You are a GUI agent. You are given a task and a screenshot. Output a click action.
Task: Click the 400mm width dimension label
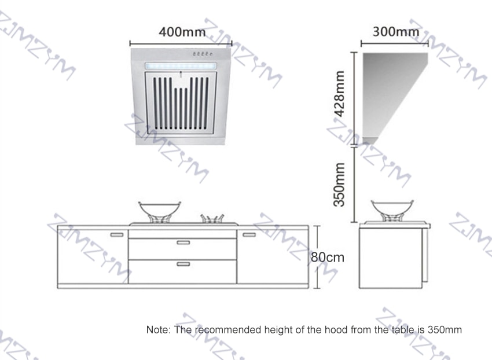[x=182, y=32]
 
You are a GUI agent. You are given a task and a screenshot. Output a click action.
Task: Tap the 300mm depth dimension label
[x=396, y=32]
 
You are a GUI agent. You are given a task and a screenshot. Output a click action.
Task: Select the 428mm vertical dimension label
[x=339, y=94]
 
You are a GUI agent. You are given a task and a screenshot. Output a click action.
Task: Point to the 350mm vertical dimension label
[x=339, y=185]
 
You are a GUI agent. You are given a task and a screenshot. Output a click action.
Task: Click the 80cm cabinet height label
[x=327, y=258]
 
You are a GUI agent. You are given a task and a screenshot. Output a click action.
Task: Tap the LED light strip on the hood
[x=181, y=66]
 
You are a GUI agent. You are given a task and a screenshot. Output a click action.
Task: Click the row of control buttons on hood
[x=203, y=54]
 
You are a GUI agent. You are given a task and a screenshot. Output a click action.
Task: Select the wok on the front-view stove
[x=160, y=212]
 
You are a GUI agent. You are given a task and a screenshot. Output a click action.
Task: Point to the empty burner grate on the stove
[x=212, y=218]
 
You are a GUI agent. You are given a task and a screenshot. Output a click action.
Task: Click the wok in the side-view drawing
[x=392, y=211]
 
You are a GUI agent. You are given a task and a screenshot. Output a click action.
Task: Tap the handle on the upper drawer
[x=183, y=243]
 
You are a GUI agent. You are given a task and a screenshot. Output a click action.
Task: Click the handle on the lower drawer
[x=183, y=264]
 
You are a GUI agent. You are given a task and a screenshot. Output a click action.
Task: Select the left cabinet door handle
[x=117, y=235]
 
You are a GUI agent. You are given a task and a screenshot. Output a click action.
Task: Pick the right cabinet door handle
[x=249, y=235]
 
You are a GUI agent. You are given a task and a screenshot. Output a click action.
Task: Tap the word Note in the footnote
[x=158, y=330]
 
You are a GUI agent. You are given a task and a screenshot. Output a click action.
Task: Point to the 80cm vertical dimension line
[x=318, y=257]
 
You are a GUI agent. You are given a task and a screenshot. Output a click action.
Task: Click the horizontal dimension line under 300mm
[x=395, y=43]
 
